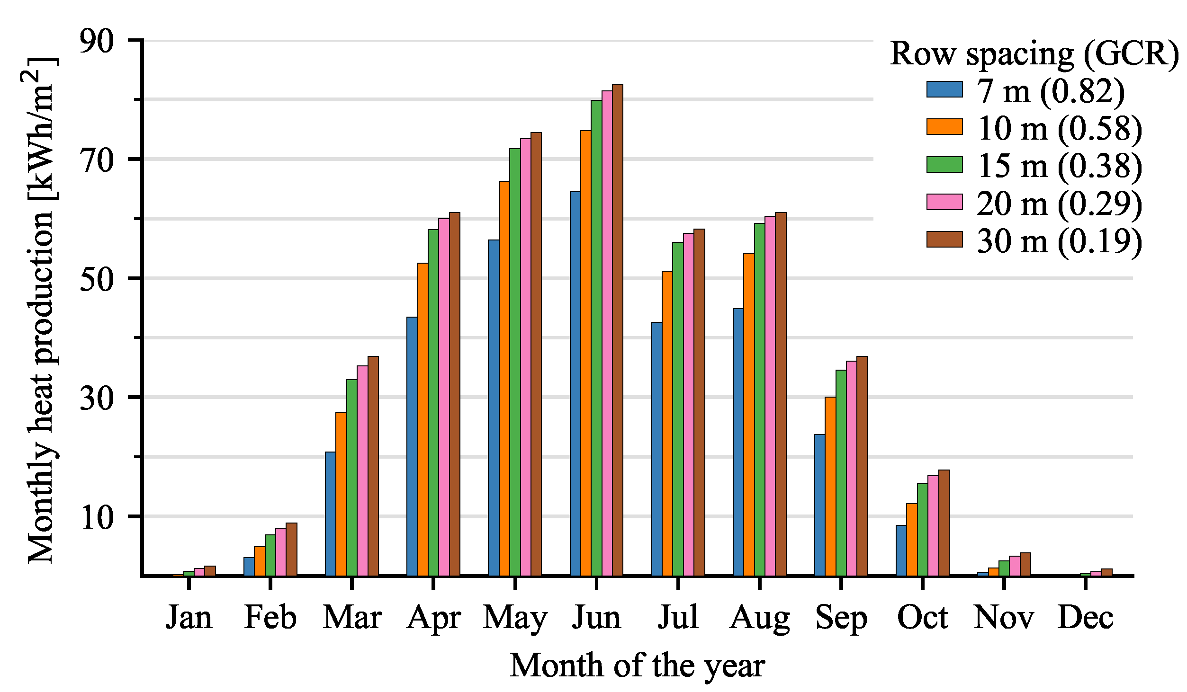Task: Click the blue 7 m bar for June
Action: tap(575, 383)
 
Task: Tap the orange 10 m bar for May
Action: tap(504, 378)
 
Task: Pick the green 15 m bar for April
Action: tap(433, 402)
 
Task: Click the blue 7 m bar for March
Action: tap(330, 514)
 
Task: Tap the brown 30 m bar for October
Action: tap(944, 523)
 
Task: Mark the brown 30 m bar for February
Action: tap(291, 549)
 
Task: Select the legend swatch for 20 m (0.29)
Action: tap(944, 202)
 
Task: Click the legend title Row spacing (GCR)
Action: tap(1034, 53)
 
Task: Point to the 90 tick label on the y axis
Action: tap(97, 41)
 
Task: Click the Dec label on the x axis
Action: tap(1085, 618)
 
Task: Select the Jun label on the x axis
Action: tap(596, 618)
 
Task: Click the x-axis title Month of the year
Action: tap(637, 666)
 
